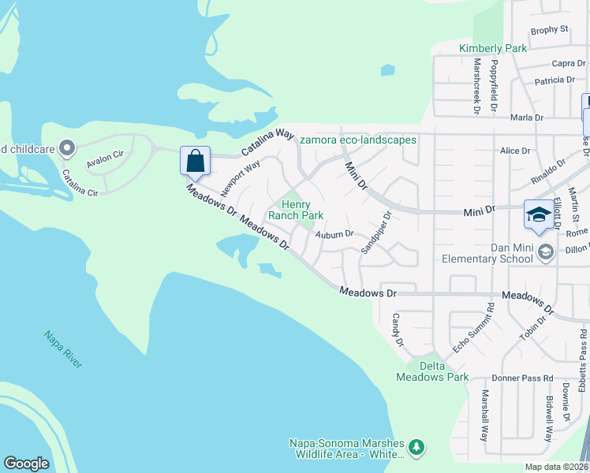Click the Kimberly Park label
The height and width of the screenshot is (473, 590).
point(493,48)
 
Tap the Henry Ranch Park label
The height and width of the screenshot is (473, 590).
point(296,210)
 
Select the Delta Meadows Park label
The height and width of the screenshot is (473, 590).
point(432,371)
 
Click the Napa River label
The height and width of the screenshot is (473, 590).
point(63,348)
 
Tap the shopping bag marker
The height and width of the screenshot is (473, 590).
point(195,162)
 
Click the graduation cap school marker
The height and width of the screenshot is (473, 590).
point(539,214)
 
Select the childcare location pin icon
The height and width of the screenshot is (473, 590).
point(67,147)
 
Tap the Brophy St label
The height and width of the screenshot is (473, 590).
point(550,30)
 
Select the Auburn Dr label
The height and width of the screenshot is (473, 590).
point(334,234)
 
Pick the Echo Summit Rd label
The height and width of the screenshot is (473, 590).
point(472,327)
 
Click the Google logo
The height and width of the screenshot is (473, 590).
point(26,463)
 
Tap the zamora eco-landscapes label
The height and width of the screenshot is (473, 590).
point(357,140)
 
